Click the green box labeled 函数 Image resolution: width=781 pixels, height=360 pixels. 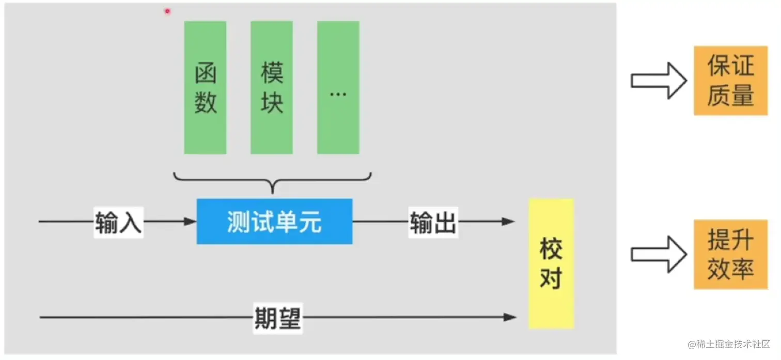205,88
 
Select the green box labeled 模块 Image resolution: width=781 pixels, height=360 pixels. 272,88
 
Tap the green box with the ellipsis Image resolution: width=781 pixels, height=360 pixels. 338,88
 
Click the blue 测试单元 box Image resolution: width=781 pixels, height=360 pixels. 274,222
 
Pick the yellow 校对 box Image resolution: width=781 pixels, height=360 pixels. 551,263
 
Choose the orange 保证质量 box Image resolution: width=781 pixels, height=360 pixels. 730,81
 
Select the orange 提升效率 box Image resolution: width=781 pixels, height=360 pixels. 730,254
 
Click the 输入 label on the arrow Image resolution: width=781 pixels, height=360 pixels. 118,223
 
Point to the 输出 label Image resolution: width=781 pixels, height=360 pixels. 433,223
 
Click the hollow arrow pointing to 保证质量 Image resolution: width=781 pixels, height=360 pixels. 658,81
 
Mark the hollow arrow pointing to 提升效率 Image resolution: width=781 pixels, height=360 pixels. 658,254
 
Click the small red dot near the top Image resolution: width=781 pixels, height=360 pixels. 167,11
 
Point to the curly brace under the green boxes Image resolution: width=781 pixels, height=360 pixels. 273,182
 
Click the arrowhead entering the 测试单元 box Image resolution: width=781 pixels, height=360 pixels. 191,222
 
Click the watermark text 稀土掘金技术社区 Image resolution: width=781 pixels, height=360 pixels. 728,344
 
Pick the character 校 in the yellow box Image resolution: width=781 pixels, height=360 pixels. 551,249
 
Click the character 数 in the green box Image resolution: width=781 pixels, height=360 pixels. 205,103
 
